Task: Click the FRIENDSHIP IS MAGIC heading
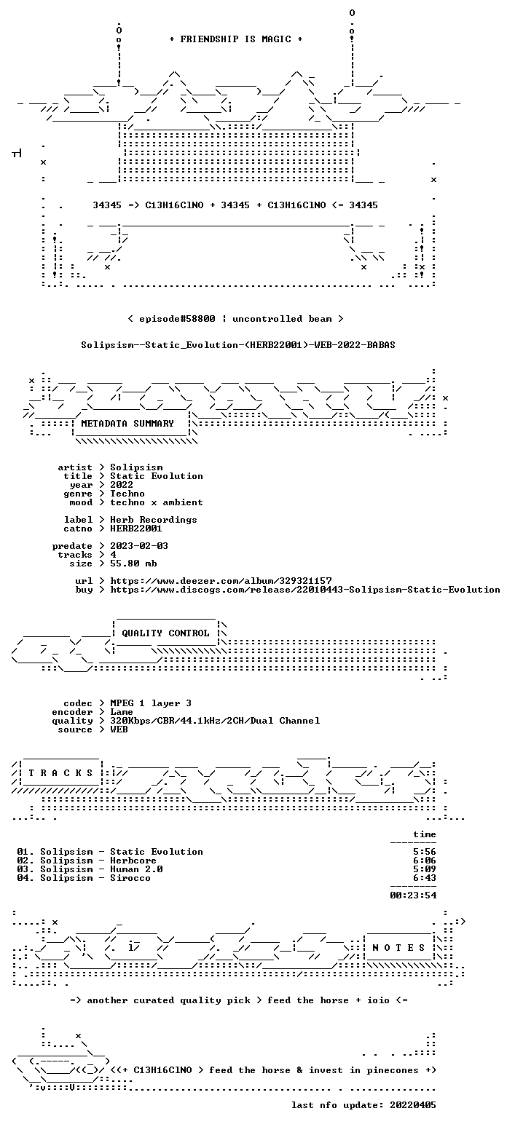point(235,39)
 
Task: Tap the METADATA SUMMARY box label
point(127,424)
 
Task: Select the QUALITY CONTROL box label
point(165,633)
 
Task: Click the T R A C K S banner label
point(60,772)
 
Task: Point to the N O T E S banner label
point(398,947)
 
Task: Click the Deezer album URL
point(221,580)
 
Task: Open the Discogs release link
point(305,590)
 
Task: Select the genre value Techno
point(127,494)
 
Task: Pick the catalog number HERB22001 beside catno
point(136,529)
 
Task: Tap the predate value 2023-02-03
point(139,546)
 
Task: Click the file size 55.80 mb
point(133,563)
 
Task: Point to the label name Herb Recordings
point(154,520)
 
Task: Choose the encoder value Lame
point(122,712)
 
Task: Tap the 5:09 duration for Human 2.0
point(425,869)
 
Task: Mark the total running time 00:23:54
point(413,895)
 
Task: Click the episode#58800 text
point(177,319)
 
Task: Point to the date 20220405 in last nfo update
point(413,1105)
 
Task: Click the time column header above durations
point(425,834)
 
